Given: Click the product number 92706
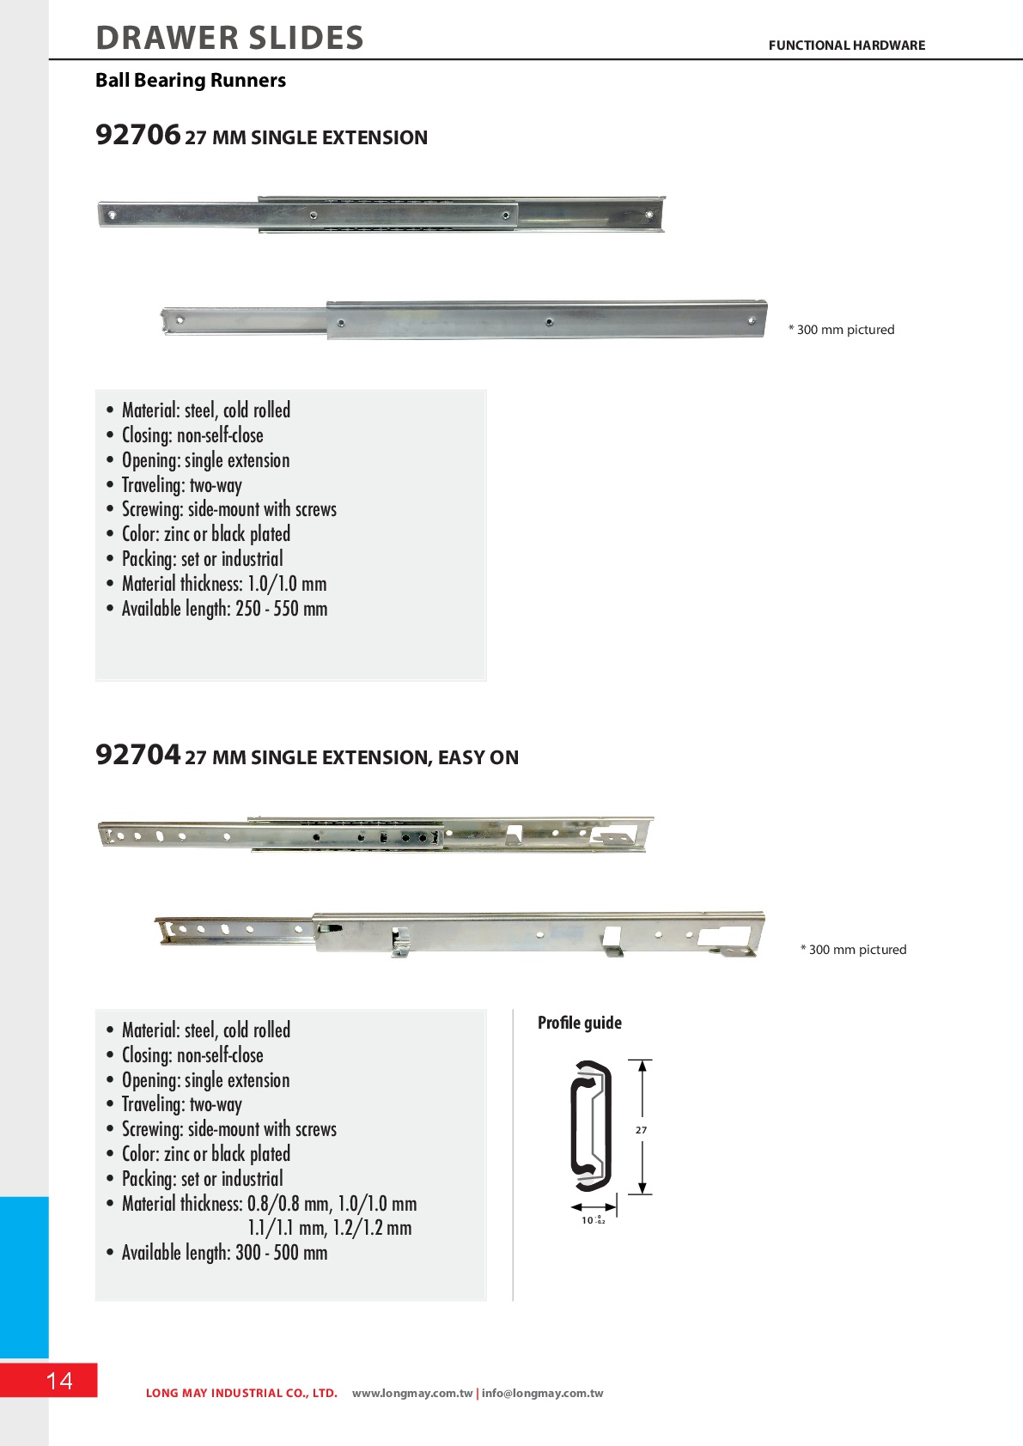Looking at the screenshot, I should (x=137, y=136).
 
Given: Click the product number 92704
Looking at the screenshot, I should (x=137, y=756).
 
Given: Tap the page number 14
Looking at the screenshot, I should (x=59, y=1380).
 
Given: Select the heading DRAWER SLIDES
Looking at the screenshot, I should (x=229, y=38).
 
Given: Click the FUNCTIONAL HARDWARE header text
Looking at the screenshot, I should (x=846, y=46).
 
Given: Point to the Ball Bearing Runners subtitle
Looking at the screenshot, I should (x=191, y=81).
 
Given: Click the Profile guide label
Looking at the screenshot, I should (x=579, y=1023).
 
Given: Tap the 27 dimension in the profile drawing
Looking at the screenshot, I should (x=641, y=1130).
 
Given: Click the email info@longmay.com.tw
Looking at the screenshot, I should (x=542, y=1393).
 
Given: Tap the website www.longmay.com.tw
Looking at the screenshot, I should (x=412, y=1393).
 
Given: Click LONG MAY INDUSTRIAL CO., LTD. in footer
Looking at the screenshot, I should (x=241, y=1393).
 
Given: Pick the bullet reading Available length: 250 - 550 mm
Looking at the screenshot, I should (x=224, y=609).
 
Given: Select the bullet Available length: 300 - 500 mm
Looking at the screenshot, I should (x=224, y=1253).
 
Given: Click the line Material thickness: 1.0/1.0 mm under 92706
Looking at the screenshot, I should (x=224, y=584).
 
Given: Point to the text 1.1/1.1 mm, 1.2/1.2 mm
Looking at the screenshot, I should (x=330, y=1228).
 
